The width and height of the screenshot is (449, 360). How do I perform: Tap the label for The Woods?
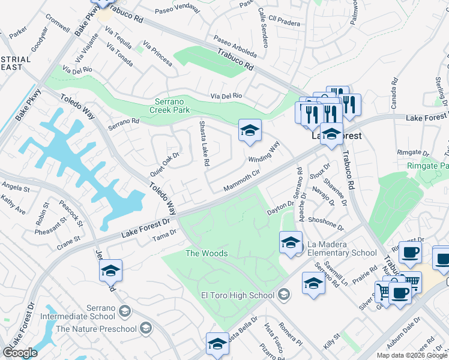click(206, 253)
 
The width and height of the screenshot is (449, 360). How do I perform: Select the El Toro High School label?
click(237, 295)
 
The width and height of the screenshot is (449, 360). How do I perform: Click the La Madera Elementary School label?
click(342, 249)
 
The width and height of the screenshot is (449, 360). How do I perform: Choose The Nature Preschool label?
click(95, 328)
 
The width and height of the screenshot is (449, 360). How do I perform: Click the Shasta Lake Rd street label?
click(204, 143)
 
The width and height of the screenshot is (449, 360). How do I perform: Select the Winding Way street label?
click(265, 152)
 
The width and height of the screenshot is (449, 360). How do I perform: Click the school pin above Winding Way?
click(250, 130)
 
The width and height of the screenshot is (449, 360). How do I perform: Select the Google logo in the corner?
click(20, 353)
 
